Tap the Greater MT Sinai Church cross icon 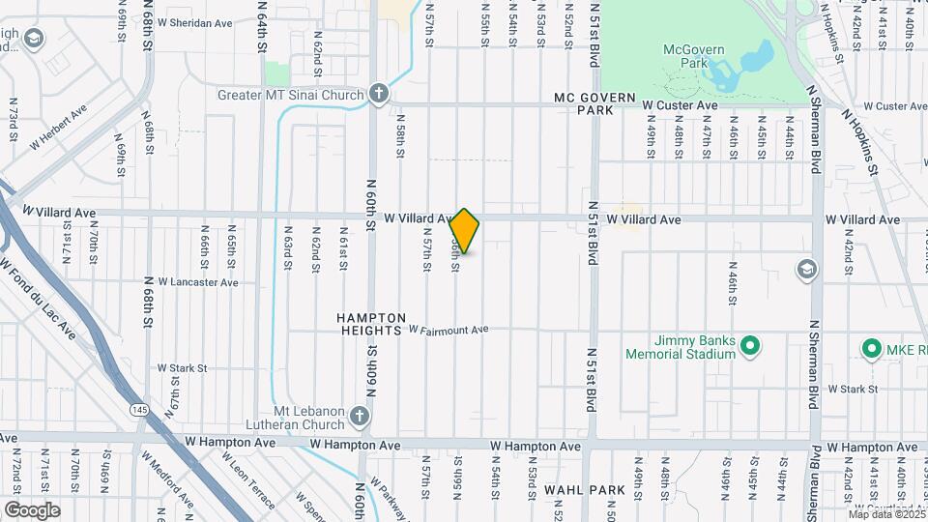[x=379, y=94]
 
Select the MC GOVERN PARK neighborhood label [x=594, y=104]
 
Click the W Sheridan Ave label [x=194, y=22]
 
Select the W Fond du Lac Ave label [x=39, y=297]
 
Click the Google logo [x=32, y=509]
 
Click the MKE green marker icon [x=870, y=348]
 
